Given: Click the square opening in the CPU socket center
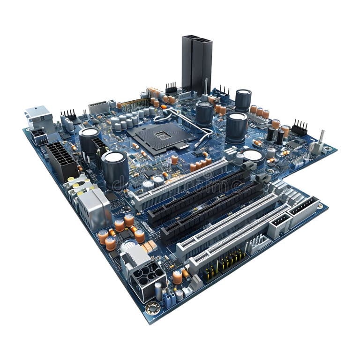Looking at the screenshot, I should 163,135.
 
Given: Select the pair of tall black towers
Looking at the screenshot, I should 197,63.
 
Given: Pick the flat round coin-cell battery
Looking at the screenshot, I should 254,155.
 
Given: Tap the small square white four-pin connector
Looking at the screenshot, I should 280,225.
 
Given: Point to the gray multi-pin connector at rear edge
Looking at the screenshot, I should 99,108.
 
